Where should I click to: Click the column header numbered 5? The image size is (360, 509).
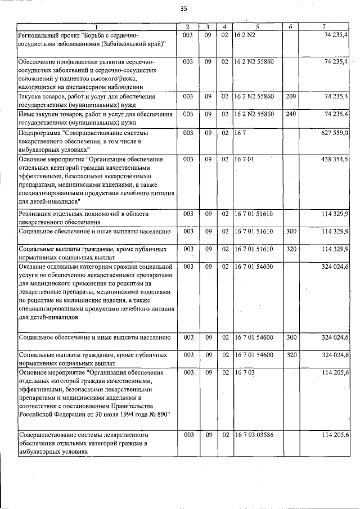(x=256, y=27)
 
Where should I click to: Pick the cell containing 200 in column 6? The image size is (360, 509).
(x=291, y=97)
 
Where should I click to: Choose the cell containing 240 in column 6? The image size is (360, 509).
(x=291, y=114)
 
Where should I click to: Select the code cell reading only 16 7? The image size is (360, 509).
(x=241, y=133)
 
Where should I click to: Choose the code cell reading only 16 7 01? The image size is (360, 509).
(x=244, y=160)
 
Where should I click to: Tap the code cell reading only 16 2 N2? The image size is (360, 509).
(x=245, y=35)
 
